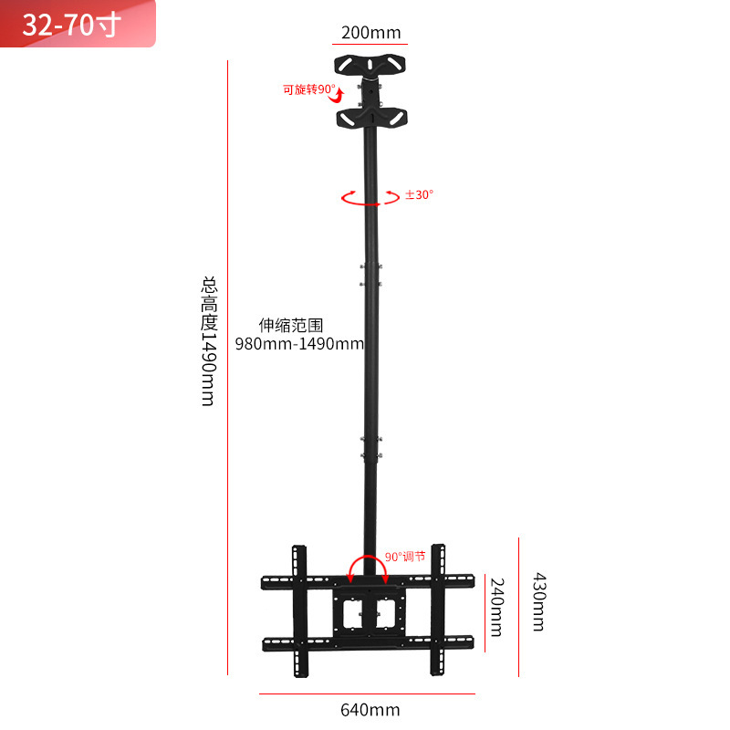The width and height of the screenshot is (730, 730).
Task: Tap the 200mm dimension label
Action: click(x=370, y=33)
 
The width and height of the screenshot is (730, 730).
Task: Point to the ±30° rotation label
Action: click(x=420, y=194)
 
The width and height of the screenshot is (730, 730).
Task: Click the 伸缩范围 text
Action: click(x=291, y=325)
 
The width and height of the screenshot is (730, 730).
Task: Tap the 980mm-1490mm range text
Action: click(x=311, y=344)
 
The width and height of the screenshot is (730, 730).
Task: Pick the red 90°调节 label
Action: click(x=404, y=556)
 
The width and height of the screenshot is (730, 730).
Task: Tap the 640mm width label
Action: click(x=370, y=709)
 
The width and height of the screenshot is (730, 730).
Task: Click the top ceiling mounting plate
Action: click(x=370, y=65)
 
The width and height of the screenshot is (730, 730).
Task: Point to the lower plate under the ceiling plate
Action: click(x=370, y=119)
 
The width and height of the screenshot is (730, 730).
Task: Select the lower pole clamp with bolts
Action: click(x=370, y=453)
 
